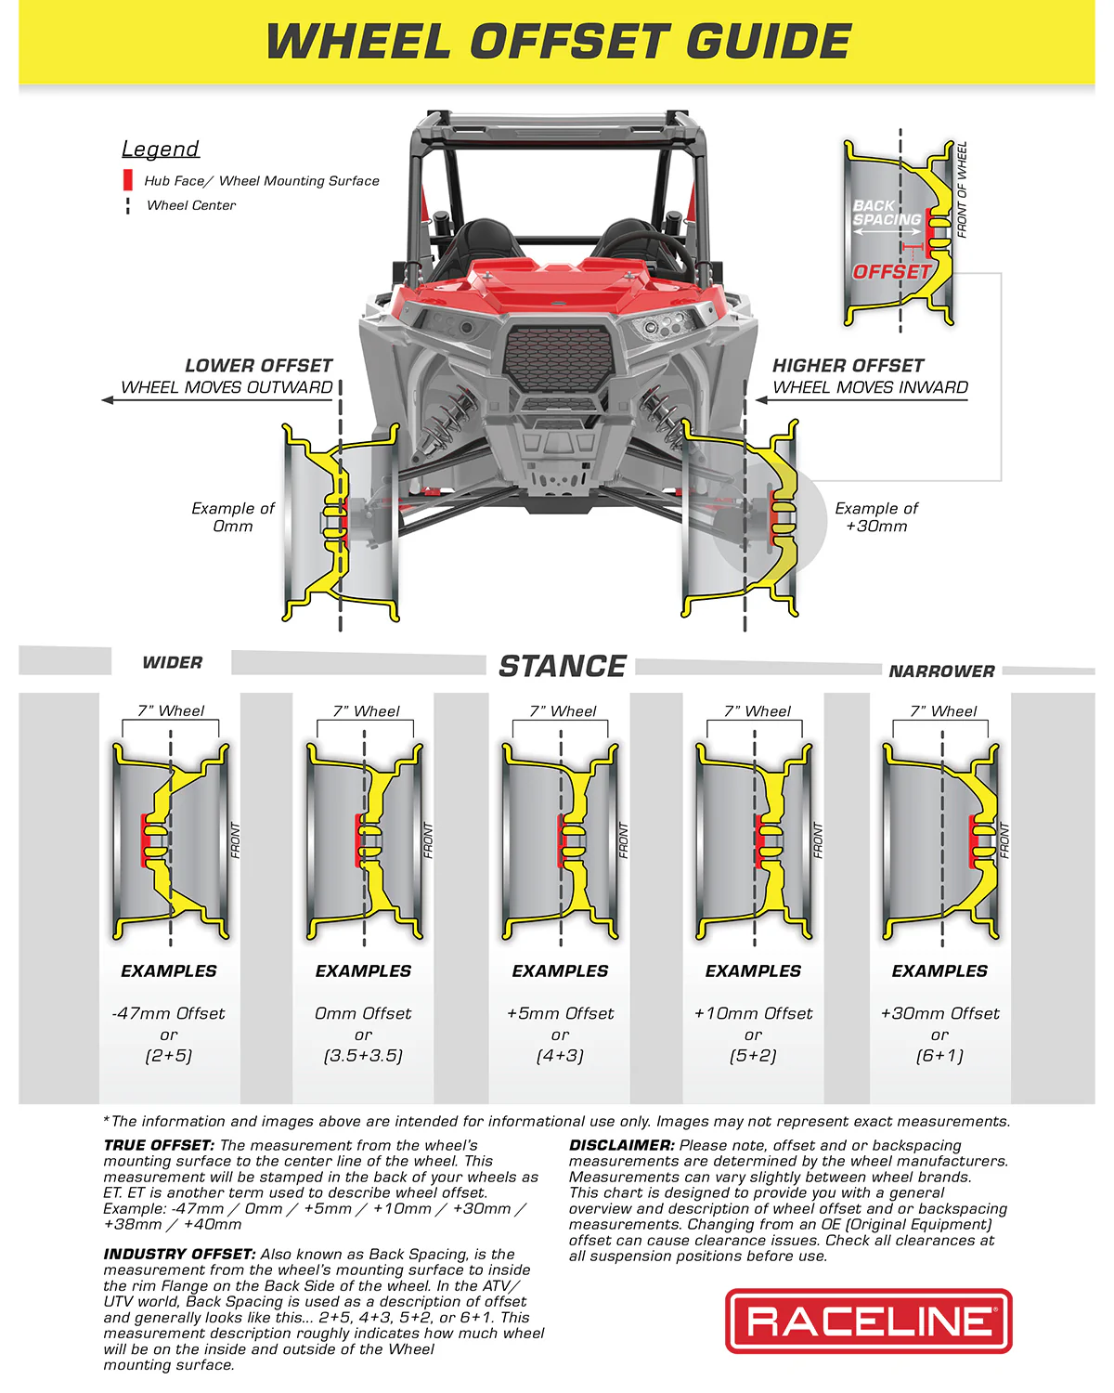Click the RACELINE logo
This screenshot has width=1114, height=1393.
pyautogui.click(x=868, y=1321)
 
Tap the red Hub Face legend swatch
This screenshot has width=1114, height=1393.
pyautogui.click(x=128, y=180)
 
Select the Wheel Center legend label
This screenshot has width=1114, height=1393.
pyautogui.click(x=191, y=205)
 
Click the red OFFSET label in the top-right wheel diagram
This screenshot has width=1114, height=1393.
pyautogui.click(x=891, y=272)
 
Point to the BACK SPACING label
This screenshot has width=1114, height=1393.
pyautogui.click(x=886, y=213)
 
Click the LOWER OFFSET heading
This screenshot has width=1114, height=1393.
pyautogui.click(x=258, y=366)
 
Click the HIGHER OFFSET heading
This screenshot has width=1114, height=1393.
pyautogui.click(x=848, y=366)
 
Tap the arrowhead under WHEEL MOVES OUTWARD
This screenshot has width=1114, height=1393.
pyautogui.click(x=108, y=400)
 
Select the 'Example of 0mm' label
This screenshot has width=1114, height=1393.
pyautogui.click(x=232, y=517)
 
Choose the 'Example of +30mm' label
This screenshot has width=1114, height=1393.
pyautogui.click(x=876, y=517)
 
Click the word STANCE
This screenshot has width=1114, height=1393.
pyautogui.click(x=563, y=667)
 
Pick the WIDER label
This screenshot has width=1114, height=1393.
pyautogui.click(x=172, y=663)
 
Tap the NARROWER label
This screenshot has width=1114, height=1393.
pyautogui.click(x=941, y=671)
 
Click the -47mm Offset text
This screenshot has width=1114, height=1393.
pyautogui.click(x=168, y=1013)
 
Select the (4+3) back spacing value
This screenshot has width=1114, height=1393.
pyautogui.click(x=560, y=1056)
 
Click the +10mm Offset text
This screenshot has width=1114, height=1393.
pyautogui.click(x=753, y=1013)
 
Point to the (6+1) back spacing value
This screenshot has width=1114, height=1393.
pyautogui.click(x=939, y=1056)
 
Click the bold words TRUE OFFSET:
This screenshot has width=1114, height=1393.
pyautogui.click(x=159, y=1146)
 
